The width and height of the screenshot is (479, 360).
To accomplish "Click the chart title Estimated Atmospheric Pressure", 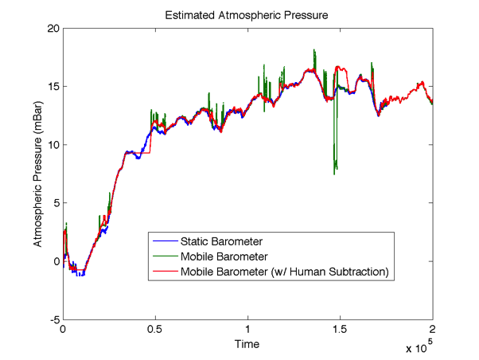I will tap(247, 15).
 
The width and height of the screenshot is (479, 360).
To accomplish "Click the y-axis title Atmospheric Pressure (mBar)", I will tap(37, 174).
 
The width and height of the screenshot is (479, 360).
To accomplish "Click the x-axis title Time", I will tap(247, 344).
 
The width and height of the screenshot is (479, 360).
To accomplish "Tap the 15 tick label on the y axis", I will tap(53, 86).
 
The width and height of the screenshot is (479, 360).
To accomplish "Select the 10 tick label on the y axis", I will tap(53, 144).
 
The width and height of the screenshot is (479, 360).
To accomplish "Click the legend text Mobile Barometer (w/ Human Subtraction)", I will tap(284, 272).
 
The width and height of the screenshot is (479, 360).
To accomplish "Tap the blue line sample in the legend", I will tap(165, 241).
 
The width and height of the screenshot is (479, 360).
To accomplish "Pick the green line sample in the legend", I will tap(165, 256).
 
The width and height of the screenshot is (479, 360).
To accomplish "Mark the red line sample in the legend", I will tap(165, 272).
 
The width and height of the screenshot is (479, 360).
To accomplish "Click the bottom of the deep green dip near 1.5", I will tap(335, 173).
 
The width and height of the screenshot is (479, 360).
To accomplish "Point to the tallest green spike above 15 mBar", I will tap(315, 50).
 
